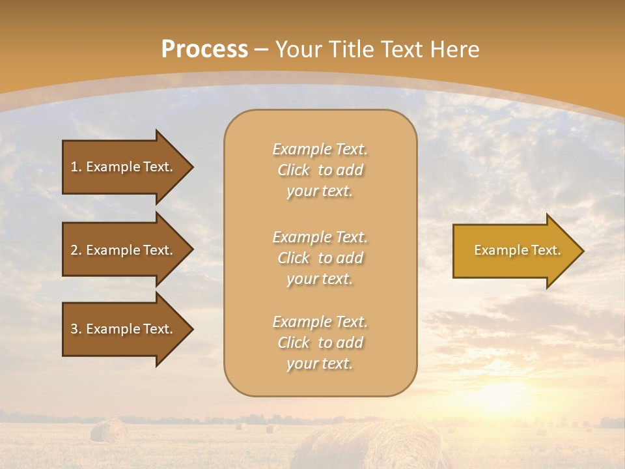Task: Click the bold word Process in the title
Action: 204,50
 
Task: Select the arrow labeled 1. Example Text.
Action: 124,167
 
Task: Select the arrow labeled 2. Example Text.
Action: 124,250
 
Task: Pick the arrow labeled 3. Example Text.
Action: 124,329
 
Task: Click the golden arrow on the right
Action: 514,251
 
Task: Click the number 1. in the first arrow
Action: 76,167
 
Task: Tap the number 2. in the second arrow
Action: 76,251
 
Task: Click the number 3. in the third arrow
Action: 76,330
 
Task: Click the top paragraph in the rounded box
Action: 320,170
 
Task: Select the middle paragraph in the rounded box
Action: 320,258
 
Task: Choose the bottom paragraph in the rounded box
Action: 320,343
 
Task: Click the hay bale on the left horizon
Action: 109,431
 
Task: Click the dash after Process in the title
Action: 262,50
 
